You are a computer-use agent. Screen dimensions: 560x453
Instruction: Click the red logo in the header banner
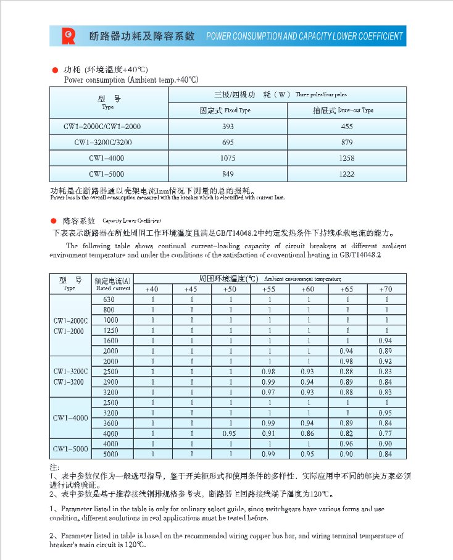pyautogui.click(x=67, y=36)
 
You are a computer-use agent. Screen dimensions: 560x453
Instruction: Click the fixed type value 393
pyautogui.click(x=228, y=127)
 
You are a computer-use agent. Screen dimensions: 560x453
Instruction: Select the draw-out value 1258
pyautogui.click(x=347, y=158)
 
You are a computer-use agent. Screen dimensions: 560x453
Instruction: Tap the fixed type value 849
pyautogui.click(x=228, y=174)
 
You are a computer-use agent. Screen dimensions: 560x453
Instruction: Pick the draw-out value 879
pyautogui.click(x=347, y=143)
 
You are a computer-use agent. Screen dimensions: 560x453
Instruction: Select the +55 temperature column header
pyautogui.click(x=269, y=289)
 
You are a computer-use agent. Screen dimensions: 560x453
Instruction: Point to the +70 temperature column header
pyautogui.click(x=386, y=289)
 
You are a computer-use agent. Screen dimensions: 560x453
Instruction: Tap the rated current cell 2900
pyautogui.click(x=110, y=382)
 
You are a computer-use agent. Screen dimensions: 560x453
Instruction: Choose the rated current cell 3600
pyautogui.click(x=110, y=423)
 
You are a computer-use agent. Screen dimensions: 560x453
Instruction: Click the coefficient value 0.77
pyautogui.click(x=386, y=433)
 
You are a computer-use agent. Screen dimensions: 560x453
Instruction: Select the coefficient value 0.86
pyautogui.click(x=307, y=433)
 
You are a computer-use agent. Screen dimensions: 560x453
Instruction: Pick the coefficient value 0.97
pyautogui.click(x=269, y=392)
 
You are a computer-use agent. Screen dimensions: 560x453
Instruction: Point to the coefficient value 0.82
pyautogui.click(x=347, y=433)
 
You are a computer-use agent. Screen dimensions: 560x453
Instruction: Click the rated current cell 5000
pyautogui.click(x=110, y=454)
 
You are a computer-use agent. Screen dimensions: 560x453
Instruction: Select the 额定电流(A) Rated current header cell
pyautogui.click(x=112, y=284)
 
